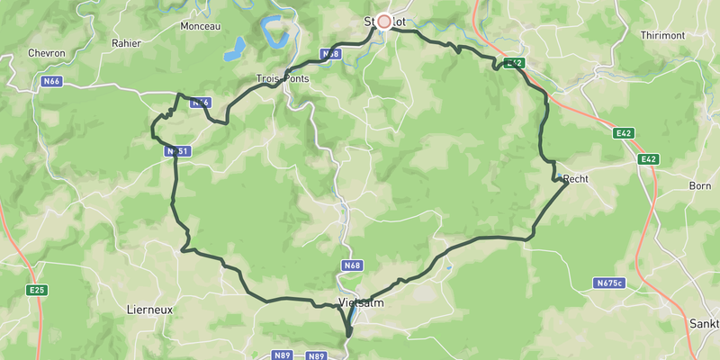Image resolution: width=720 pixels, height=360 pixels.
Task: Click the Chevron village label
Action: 47,53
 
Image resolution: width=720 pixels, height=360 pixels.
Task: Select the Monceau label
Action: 200,27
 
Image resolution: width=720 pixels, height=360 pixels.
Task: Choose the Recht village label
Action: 575,180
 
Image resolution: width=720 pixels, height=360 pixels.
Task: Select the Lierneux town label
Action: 149,309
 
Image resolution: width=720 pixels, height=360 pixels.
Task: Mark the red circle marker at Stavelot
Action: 384,20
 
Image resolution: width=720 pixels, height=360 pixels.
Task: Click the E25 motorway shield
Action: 37,290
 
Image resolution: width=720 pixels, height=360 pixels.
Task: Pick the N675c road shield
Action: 609,283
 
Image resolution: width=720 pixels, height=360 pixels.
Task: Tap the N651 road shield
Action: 176,152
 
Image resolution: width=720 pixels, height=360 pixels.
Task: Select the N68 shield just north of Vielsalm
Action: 352,265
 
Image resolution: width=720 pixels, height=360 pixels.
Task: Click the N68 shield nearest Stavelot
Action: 331,54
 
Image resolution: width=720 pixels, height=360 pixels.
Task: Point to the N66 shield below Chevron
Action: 50,82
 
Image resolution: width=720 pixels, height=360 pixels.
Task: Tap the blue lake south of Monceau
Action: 235,49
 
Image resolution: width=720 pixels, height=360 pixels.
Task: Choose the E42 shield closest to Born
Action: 646,159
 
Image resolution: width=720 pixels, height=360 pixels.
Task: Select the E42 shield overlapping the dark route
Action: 513,63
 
